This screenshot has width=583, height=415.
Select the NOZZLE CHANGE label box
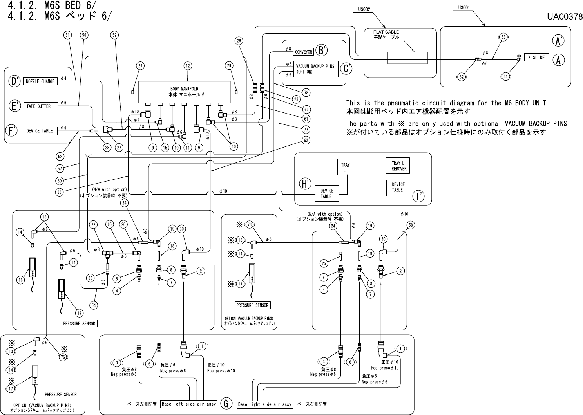tap(40, 81)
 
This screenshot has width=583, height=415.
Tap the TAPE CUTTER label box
tap(38, 106)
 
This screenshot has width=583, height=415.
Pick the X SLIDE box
tap(536, 57)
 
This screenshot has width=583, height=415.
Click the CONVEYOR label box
tap(303, 52)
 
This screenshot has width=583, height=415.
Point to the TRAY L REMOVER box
tap(398, 166)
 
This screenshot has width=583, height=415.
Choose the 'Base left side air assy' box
tap(189, 404)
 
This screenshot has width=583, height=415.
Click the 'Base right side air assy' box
tap(265, 404)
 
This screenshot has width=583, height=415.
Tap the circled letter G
tap(226, 403)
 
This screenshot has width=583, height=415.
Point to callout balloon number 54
tap(94, 305)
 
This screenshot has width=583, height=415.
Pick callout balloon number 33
tap(91, 278)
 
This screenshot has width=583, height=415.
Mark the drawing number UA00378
tap(565, 16)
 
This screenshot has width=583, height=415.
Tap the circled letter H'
tap(305, 184)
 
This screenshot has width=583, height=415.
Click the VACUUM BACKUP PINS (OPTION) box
tap(315, 69)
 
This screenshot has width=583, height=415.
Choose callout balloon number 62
tap(306, 140)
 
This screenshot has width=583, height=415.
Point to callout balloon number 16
tap(21, 280)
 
